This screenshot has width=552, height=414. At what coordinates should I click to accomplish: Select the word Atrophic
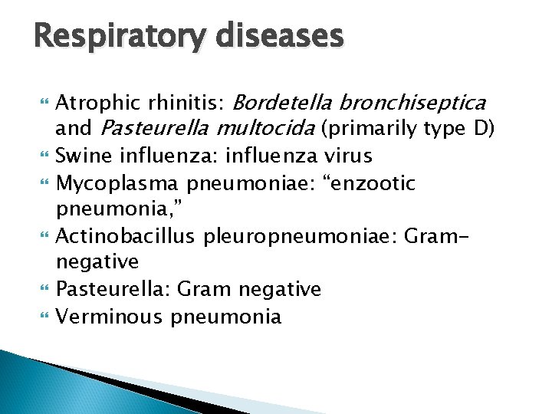click(x=92, y=102)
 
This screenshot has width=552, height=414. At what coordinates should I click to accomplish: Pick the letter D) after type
click(x=484, y=128)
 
